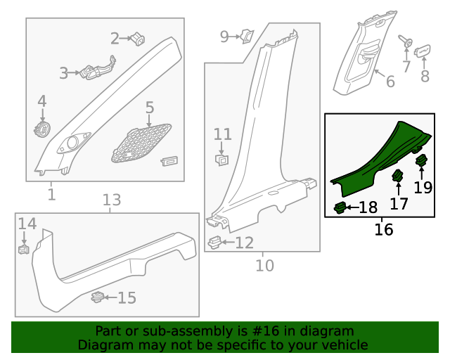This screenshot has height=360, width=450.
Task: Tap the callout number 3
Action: [64, 72]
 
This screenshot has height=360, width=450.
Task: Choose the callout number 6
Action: [390, 81]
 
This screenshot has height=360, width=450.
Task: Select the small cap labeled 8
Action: [423, 51]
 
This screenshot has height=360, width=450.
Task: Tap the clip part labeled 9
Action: [247, 35]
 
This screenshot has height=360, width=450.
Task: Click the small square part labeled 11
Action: [221, 160]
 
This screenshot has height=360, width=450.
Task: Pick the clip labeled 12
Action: [216, 243]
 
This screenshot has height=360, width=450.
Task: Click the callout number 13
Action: [112, 200]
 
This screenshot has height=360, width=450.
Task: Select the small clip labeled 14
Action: [22, 248]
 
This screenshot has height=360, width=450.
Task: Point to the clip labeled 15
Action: [99, 297]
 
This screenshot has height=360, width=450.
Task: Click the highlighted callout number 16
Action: [384, 229]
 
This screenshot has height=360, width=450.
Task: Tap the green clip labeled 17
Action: [398, 176]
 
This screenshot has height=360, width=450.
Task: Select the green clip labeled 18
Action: [340, 207]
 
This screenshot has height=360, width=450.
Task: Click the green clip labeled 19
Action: [422, 162]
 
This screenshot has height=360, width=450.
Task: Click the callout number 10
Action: [264, 265]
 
